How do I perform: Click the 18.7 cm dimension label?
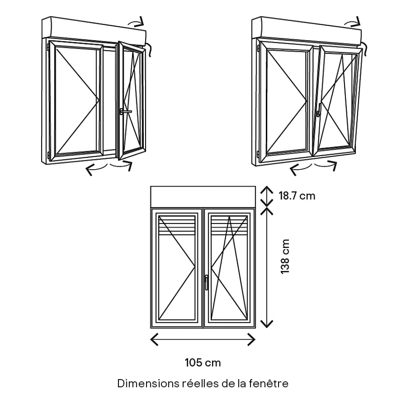[297, 195]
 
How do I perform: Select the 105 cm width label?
[202, 362]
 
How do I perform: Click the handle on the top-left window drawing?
[125, 112]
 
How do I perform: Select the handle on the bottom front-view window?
[206, 282]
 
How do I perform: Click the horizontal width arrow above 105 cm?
[202, 339]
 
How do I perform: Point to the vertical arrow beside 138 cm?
[267, 267]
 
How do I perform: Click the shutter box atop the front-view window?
[202, 197]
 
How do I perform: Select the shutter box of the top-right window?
[306, 29]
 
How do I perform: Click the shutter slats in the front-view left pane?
[177, 224]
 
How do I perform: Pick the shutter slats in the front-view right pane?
[229, 224]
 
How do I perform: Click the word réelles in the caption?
[197, 383]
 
